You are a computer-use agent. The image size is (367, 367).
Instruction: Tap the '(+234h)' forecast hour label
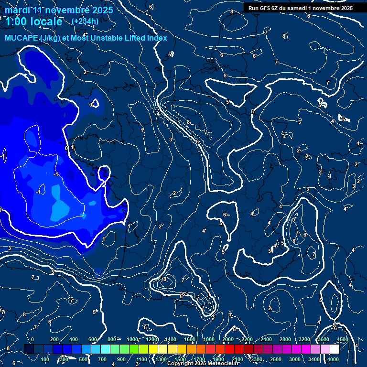[x=85, y=21]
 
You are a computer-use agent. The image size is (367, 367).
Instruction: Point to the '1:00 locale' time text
[x=33, y=22]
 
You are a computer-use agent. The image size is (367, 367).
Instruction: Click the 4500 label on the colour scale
[x=342, y=339]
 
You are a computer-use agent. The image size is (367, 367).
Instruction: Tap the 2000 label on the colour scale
[x=227, y=339]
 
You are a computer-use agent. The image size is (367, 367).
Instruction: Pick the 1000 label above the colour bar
[x=132, y=339]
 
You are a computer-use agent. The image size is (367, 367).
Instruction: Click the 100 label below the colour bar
[x=45, y=359]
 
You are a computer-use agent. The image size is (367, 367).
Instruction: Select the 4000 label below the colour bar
[x=333, y=359]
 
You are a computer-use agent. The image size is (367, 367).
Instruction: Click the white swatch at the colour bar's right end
[x=334, y=349]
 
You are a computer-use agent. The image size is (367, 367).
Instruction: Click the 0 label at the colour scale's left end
[x=32, y=339]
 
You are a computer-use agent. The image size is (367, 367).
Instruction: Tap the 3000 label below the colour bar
[x=295, y=359]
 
